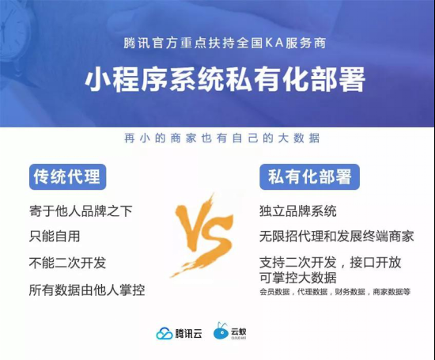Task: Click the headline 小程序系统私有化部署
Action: pyautogui.click(x=225, y=79)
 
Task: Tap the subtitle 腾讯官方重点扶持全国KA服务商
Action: pyautogui.click(x=225, y=43)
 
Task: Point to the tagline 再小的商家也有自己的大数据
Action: pyautogui.click(x=222, y=138)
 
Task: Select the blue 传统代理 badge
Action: pyautogui.click(x=68, y=176)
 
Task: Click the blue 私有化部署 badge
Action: pyautogui.click(x=309, y=176)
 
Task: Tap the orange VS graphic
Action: pyautogui.click(x=202, y=235)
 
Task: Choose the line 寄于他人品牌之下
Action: pyautogui.click(x=81, y=211)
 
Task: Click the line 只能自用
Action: pyautogui.click(x=55, y=237)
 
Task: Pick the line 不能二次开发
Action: pyautogui.click(x=68, y=263)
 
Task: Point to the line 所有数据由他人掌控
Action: pyautogui.click(x=87, y=290)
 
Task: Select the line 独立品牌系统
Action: pyautogui.click(x=298, y=211)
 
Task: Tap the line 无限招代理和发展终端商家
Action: pyautogui.click(x=337, y=237)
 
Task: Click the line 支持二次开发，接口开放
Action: pyautogui.click(x=331, y=263)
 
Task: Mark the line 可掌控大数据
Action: pyautogui.click(x=298, y=277)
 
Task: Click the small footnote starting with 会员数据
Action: pyautogui.click(x=335, y=292)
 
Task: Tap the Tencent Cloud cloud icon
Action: pyautogui.click(x=165, y=333)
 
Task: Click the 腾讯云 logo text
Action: pyautogui.click(x=188, y=333)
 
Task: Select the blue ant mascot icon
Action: pyautogui.click(x=221, y=331)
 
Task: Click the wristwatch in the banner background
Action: pyautogui.click(x=13, y=31)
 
